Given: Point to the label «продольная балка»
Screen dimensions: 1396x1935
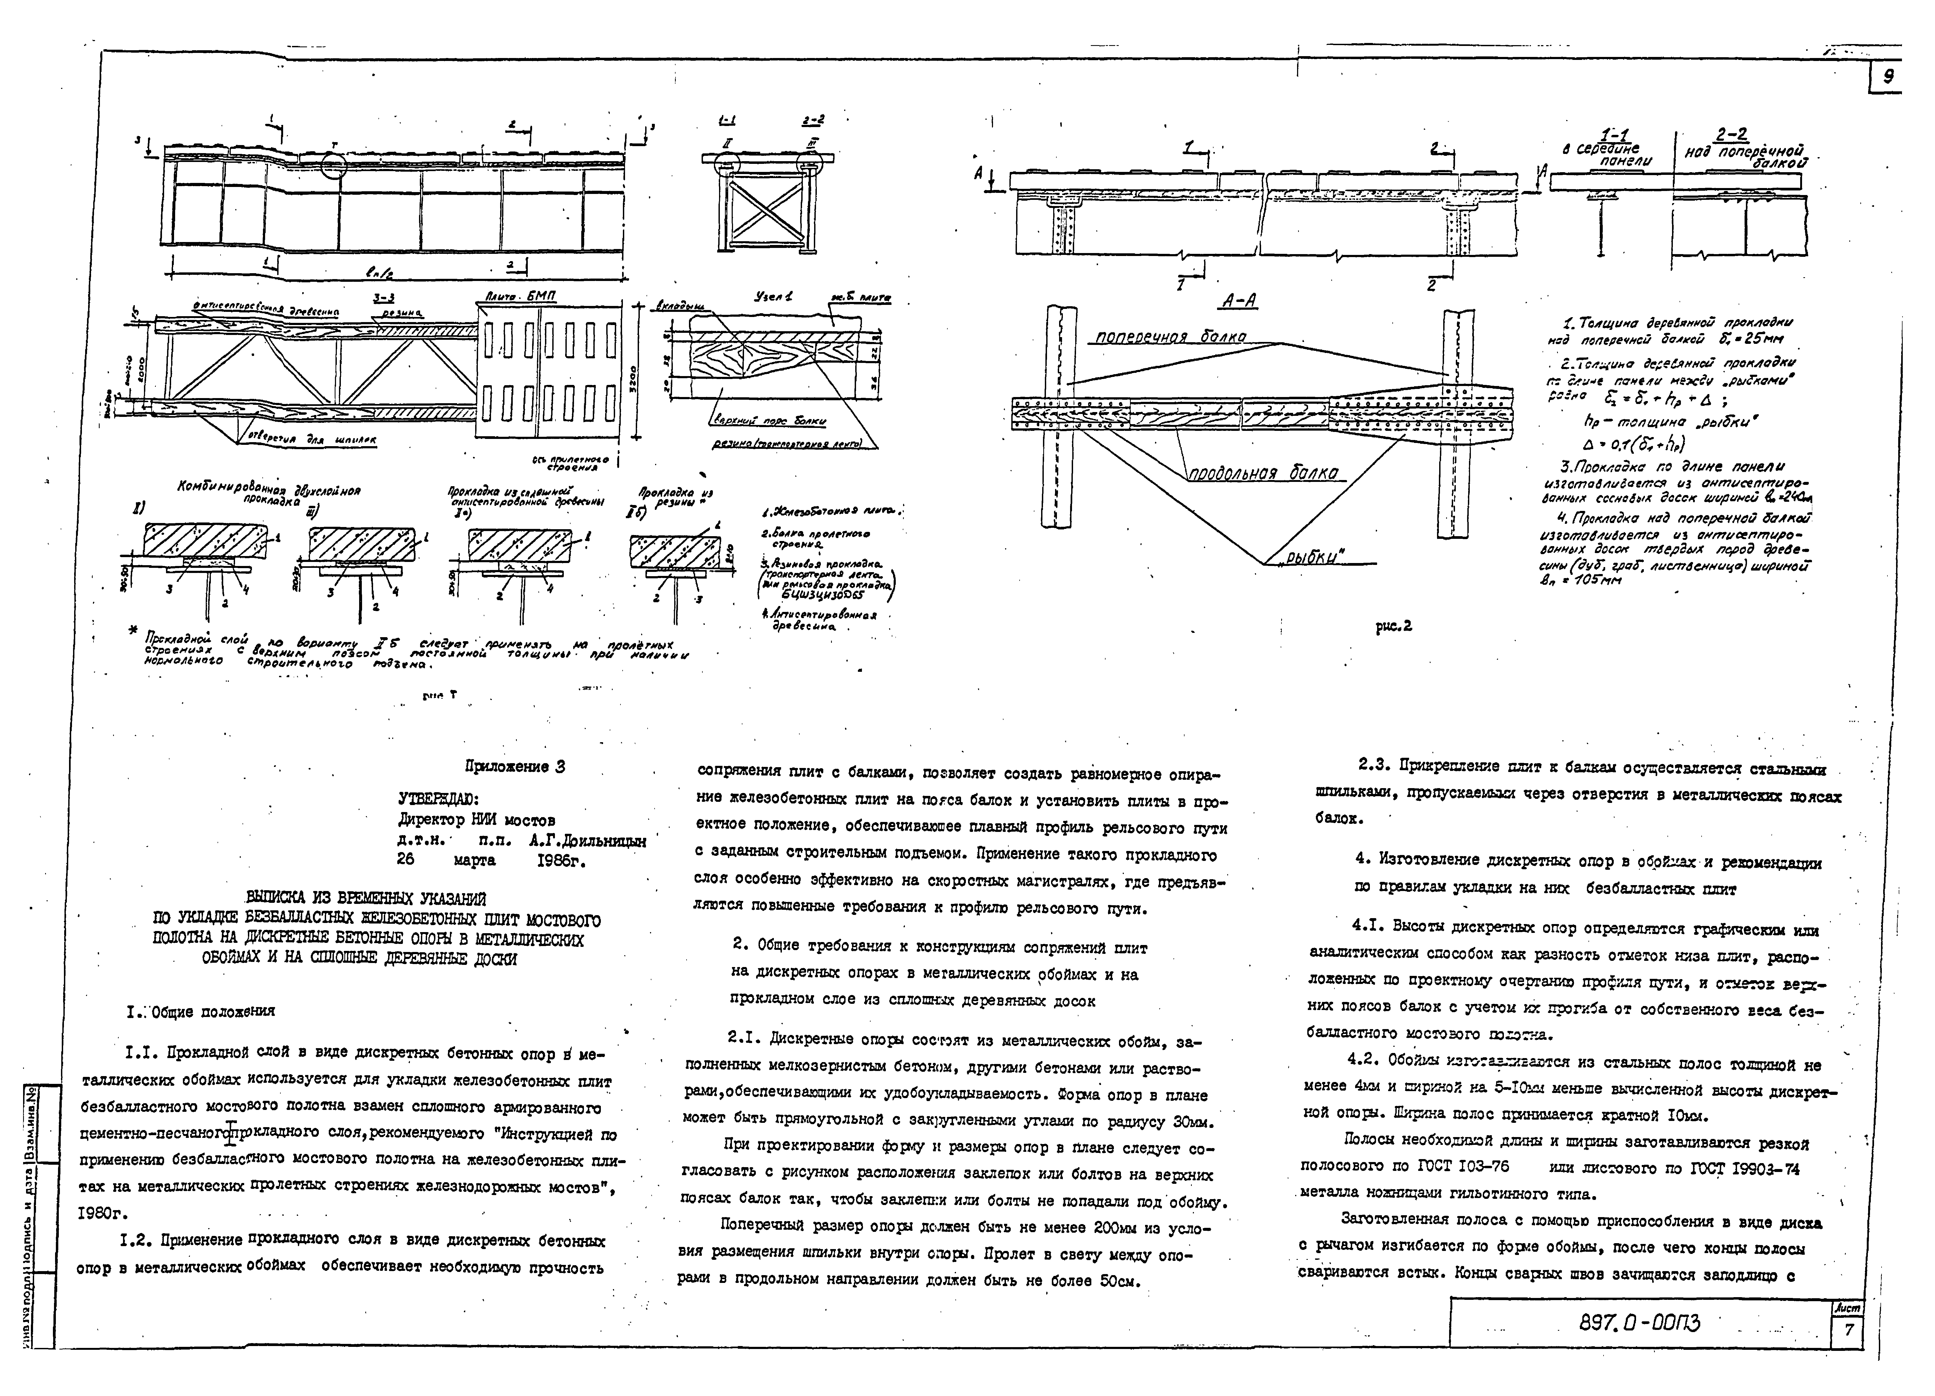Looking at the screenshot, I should point(1263,474).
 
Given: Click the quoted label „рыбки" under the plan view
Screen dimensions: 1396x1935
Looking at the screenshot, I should point(1310,556).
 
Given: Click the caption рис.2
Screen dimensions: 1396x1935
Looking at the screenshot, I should point(1393,625).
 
